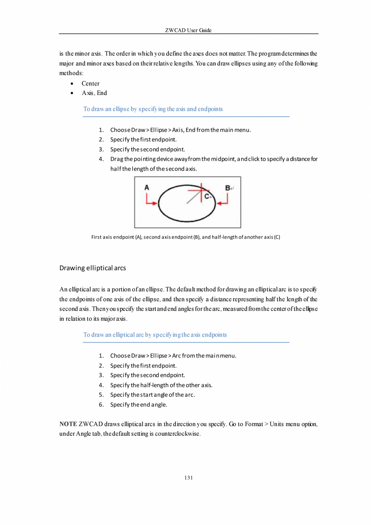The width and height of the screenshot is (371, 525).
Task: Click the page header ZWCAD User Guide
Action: (188, 30)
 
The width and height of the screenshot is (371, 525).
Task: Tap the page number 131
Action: (188, 478)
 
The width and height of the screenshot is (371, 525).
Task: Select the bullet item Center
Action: (90, 84)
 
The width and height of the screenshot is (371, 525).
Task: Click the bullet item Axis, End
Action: (94, 93)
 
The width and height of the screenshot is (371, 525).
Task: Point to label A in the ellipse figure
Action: (147, 187)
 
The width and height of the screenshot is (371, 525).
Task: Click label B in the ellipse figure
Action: (228, 188)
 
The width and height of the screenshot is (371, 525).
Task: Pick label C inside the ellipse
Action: (207, 196)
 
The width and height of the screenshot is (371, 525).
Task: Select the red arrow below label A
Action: (151, 201)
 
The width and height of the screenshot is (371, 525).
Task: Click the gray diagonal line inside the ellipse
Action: (193, 197)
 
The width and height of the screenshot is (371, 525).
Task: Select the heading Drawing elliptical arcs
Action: (92, 268)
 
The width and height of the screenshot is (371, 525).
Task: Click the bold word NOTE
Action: (68, 424)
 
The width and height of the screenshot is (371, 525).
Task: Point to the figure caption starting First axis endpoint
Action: (185, 237)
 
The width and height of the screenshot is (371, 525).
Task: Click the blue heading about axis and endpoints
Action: (153, 109)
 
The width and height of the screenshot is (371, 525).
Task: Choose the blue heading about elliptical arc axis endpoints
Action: (155, 335)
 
